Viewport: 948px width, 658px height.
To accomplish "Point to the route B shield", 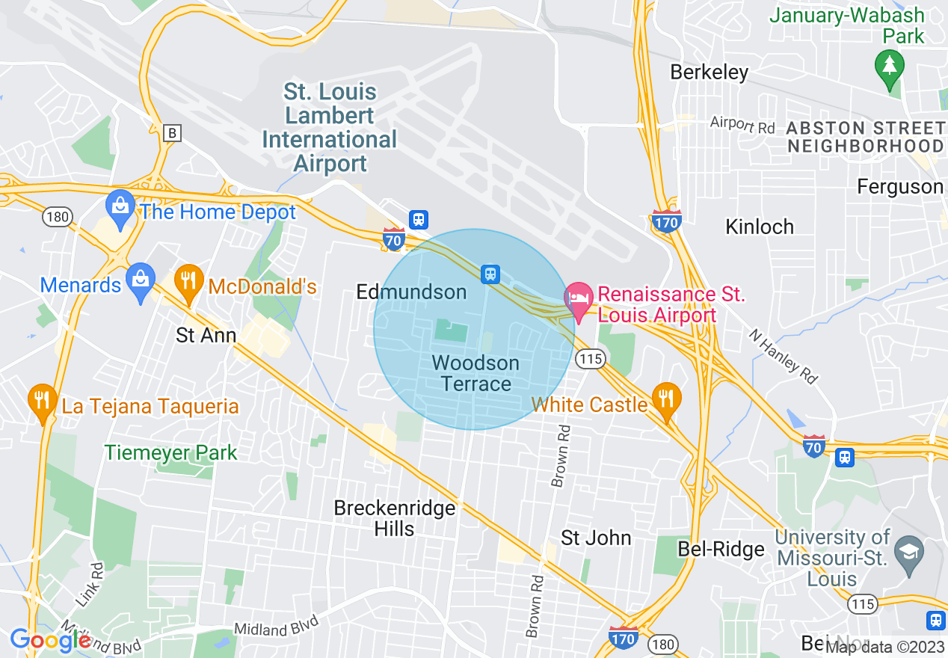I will [173, 133].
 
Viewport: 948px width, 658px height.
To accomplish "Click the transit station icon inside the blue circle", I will [490, 274].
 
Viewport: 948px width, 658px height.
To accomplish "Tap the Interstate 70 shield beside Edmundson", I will [393, 239].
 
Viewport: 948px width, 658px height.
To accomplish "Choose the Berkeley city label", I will [709, 73].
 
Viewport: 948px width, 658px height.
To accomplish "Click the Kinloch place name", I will [759, 227].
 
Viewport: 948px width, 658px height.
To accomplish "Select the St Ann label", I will [206, 335].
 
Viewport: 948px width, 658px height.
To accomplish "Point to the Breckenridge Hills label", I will [394, 518].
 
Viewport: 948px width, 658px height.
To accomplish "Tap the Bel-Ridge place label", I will [721, 550].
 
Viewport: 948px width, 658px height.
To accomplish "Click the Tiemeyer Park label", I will [170, 452].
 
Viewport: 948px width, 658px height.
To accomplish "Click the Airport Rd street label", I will [742, 126].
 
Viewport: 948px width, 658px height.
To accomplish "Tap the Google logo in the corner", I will [50, 640].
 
